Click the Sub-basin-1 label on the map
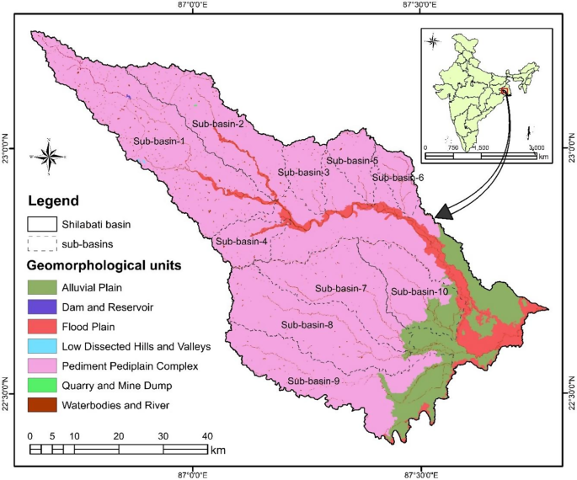click(x=159, y=141)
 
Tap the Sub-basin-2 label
click(x=218, y=124)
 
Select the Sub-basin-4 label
click(x=241, y=242)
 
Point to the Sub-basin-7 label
click(x=340, y=289)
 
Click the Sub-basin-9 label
click(x=313, y=381)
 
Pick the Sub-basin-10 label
click(x=419, y=291)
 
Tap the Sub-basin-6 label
click(x=398, y=178)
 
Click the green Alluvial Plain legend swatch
click(x=41, y=288)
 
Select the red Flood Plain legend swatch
click(x=41, y=327)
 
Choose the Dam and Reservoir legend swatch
click(x=41, y=307)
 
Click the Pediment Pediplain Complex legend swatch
click(x=41, y=366)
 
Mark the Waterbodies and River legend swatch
click(x=41, y=405)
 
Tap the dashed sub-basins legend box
click(x=41, y=245)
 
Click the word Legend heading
click(x=53, y=202)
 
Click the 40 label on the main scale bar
click(x=207, y=435)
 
